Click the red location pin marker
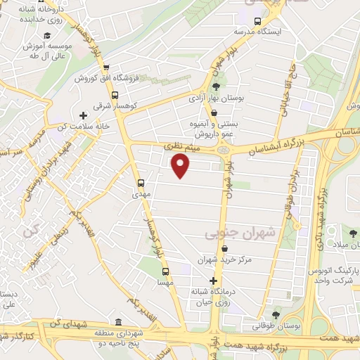181,166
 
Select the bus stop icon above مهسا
166,271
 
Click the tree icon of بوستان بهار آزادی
214,86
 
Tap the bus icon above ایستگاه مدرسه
257,21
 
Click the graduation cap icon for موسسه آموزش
47,35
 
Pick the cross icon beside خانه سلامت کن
84,115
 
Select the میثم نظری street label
182,146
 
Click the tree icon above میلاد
352,233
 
